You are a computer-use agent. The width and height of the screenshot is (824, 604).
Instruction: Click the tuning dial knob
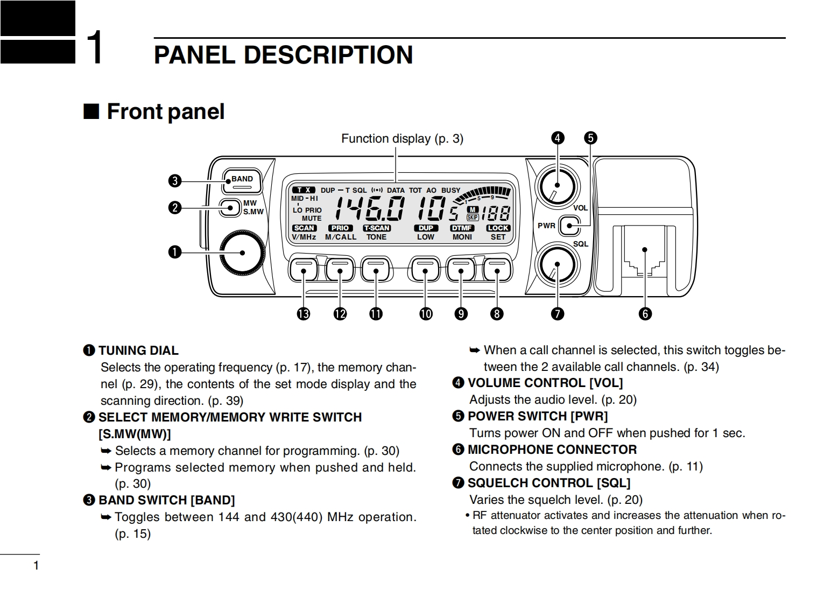point(242,252)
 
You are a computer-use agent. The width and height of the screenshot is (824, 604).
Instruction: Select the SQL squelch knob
point(557,264)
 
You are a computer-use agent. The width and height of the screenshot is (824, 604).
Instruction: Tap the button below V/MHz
point(304,269)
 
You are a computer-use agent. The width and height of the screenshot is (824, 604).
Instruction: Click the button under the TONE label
point(376,269)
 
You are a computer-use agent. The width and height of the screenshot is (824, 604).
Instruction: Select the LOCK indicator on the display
point(498,228)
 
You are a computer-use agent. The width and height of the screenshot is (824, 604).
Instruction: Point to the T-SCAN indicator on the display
point(376,228)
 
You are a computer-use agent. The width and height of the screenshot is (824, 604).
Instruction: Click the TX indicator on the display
point(304,190)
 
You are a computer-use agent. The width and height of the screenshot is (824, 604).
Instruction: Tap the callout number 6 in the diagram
point(645,313)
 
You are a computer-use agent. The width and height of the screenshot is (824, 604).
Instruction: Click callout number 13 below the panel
point(304,313)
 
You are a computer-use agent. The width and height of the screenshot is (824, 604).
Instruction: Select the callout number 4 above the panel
point(558,138)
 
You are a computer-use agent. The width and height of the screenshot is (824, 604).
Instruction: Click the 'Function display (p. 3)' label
point(402,139)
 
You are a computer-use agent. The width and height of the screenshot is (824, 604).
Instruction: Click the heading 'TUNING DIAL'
point(138,350)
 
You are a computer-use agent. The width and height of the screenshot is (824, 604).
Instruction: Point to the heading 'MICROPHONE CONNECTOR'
point(552,450)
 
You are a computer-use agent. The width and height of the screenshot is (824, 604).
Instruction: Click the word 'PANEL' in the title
point(195,55)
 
